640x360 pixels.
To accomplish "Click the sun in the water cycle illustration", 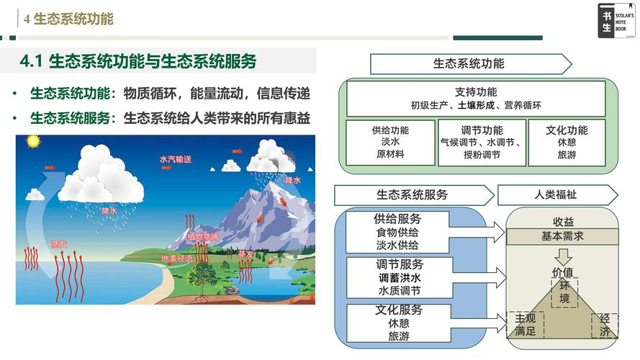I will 32,141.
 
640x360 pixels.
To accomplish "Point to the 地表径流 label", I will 177,258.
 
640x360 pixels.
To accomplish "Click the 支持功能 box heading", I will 476,92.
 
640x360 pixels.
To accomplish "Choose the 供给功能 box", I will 390,142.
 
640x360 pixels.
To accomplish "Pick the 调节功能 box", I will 482,142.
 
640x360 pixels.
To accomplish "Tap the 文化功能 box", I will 567,142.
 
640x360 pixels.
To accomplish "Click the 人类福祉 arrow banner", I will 556,195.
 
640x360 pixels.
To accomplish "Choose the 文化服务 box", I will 397,323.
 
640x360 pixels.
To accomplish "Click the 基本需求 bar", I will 563,236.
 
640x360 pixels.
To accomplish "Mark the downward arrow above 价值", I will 563,257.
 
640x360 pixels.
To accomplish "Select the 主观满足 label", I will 525,325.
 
